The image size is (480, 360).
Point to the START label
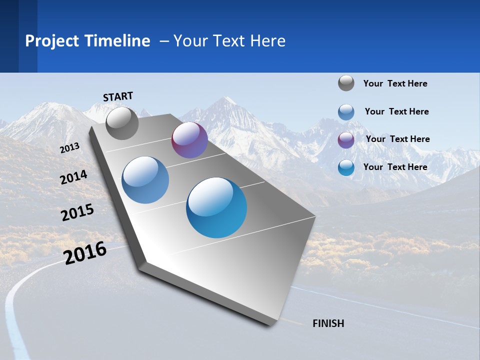[x=118, y=96]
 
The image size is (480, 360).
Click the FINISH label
[x=328, y=323]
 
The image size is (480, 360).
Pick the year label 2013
[x=70, y=147]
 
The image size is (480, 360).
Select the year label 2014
[x=73, y=177]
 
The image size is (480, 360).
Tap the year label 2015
[x=77, y=212]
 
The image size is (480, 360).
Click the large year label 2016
[x=85, y=252]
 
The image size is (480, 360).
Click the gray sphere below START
[x=122, y=123]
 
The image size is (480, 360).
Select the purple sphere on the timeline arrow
[x=189, y=140]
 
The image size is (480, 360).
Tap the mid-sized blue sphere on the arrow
[x=145, y=180]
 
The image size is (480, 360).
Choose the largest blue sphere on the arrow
[x=216, y=207]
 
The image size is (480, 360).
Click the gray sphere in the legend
[x=346, y=83]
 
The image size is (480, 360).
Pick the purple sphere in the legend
[x=346, y=139]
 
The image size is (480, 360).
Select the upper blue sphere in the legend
[x=346, y=111]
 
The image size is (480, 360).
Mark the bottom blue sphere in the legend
[x=346, y=167]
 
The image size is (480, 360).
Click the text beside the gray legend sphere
[x=395, y=83]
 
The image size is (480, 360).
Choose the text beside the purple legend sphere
[x=397, y=139]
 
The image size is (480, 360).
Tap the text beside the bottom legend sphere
[x=395, y=167]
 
